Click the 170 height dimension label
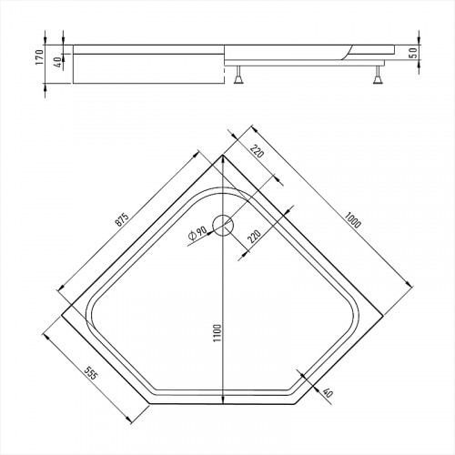click(39, 56)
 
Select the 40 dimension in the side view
click(58, 62)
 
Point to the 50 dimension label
click(415, 52)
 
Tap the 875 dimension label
click(122, 219)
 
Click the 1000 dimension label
click(353, 219)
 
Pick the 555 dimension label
click(90, 373)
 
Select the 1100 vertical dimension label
click(217, 333)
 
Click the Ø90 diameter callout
click(197, 233)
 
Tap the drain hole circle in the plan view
click(224, 226)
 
